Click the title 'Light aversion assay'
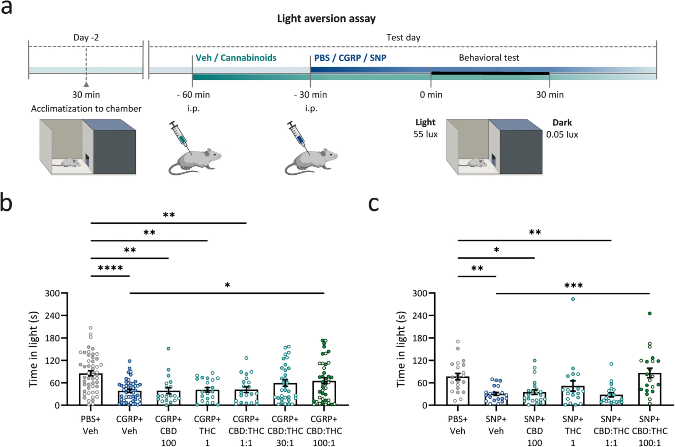326,18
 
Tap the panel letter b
6,202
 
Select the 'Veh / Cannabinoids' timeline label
236,58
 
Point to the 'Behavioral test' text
489,58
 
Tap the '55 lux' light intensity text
425,134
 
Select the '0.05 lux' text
562,134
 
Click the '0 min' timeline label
431,95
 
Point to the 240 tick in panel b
52,316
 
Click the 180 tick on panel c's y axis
419,338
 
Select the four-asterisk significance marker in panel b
110,269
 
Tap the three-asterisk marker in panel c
573,286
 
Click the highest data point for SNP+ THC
573,299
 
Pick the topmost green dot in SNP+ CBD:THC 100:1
649,313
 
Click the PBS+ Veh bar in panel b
90,389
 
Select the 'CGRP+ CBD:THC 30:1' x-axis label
285,431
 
